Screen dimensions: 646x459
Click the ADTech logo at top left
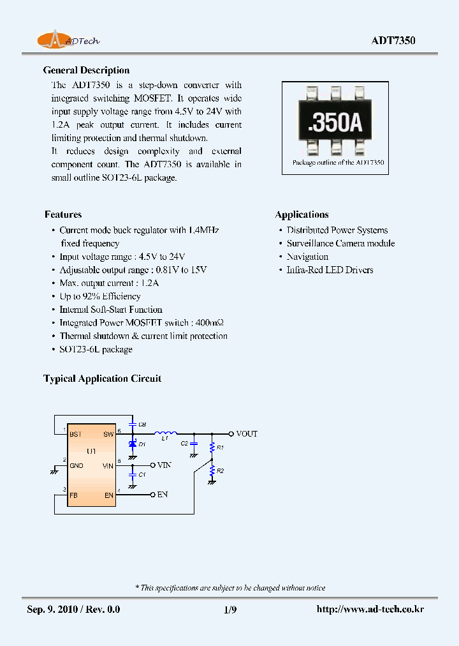[68, 40]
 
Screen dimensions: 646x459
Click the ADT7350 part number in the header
[393, 40]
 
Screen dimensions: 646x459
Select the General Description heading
[86, 70]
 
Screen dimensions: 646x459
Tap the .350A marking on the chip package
[335, 124]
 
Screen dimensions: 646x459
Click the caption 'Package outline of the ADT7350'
[338, 163]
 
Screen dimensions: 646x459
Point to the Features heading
[63, 214]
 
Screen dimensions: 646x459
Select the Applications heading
[302, 214]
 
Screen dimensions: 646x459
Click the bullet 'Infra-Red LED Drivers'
[330, 270]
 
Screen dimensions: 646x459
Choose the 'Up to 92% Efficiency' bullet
[99, 296]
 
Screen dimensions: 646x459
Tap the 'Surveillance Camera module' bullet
[340, 243]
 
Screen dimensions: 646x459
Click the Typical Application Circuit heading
[102, 379]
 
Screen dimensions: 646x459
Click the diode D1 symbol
[133, 444]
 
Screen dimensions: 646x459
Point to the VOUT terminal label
[246, 434]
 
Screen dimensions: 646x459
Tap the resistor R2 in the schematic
[212, 471]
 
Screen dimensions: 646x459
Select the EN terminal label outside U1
[162, 495]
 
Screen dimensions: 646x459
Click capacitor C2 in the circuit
[194, 442]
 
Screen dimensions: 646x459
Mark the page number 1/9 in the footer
[229, 610]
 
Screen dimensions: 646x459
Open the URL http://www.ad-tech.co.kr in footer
[370, 610]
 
